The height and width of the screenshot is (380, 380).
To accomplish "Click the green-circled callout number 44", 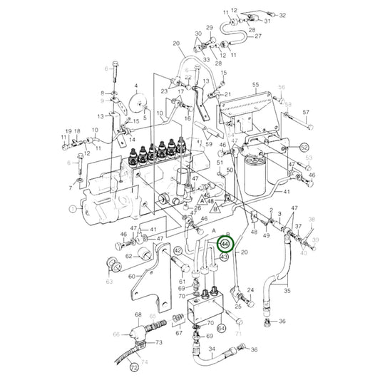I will point(225,246).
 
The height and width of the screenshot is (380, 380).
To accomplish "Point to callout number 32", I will point(282,15).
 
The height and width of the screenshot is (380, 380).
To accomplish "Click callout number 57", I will point(306,113).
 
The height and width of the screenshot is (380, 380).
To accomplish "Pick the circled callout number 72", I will point(133,368).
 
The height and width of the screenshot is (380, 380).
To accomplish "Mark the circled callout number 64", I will point(221,328).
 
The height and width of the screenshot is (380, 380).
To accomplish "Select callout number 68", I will point(138,314).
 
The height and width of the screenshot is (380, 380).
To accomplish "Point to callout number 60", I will point(131,276).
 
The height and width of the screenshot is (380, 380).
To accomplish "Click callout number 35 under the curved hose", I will point(288,291).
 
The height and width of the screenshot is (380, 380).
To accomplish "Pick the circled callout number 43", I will point(224,257).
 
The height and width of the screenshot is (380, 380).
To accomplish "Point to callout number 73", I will point(158,343).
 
